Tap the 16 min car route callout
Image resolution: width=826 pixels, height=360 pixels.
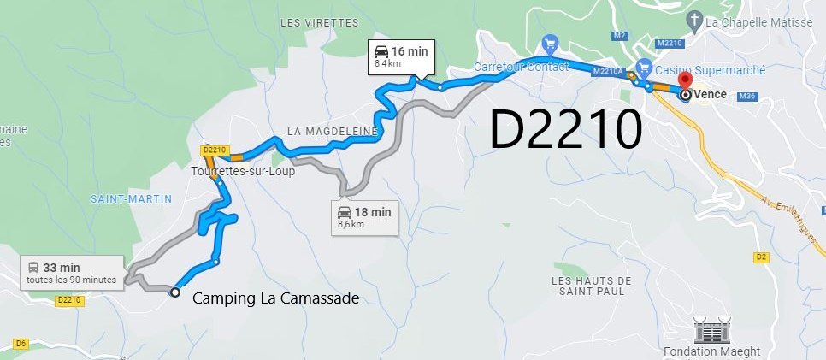click(400, 56)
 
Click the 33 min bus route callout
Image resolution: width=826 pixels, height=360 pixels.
click(71, 271)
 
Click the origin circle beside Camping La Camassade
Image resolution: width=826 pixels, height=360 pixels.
click(175, 292)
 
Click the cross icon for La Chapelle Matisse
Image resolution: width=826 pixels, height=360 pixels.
click(697, 21)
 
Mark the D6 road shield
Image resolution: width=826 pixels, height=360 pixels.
click(21, 343)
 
